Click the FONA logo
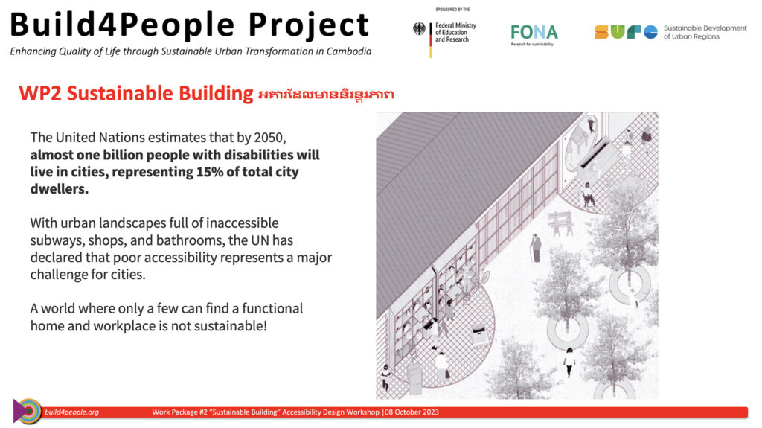(x=534, y=35)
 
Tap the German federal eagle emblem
(x=419, y=29)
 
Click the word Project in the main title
(x=309, y=25)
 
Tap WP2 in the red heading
(x=40, y=93)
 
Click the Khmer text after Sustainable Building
(x=326, y=94)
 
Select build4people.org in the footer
(x=72, y=412)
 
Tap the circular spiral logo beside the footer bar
(x=28, y=412)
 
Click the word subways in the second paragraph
(x=54, y=240)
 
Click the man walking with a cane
(x=536, y=248)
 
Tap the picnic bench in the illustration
(x=560, y=223)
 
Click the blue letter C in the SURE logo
(x=650, y=32)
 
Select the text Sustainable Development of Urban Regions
(x=705, y=32)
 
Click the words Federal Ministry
(x=456, y=25)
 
